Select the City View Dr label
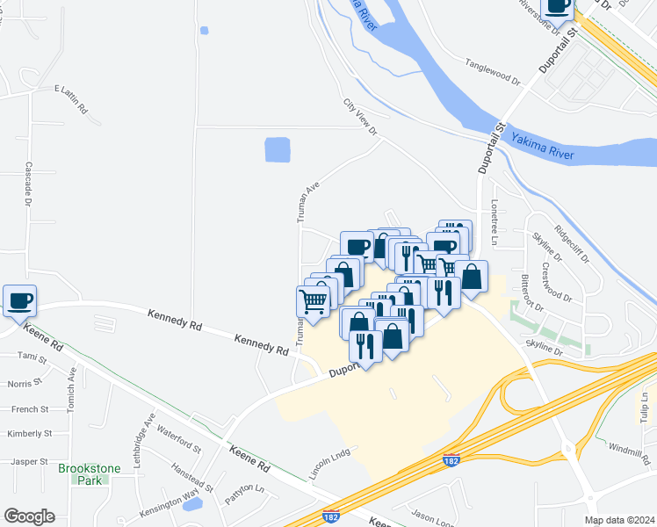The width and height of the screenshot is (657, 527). point(359,117)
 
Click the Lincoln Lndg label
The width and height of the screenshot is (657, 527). point(329,458)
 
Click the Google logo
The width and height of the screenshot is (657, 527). point(29,516)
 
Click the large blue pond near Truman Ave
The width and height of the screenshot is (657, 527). point(278,149)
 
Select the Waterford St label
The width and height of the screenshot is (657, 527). point(179,437)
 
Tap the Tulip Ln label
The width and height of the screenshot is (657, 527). point(644,405)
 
